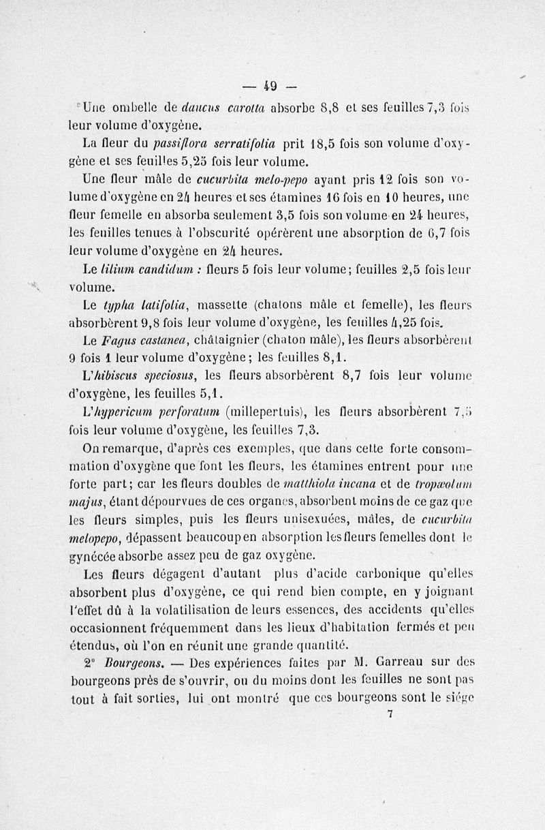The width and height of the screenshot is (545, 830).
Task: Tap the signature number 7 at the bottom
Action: click(x=390, y=714)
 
